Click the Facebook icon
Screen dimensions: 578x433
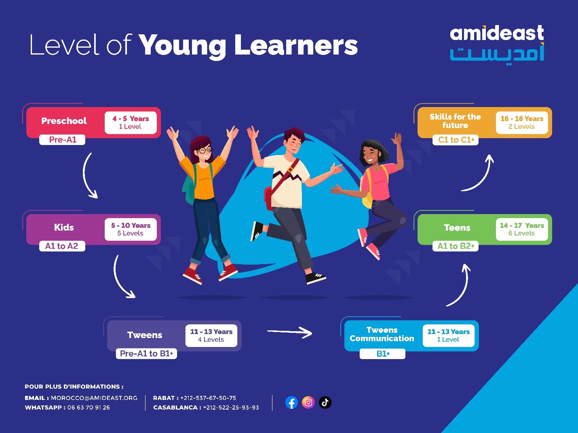pyautogui.click(x=291, y=402)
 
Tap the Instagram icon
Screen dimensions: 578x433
pyautogui.click(x=308, y=402)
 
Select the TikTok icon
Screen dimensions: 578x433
pyautogui.click(x=325, y=402)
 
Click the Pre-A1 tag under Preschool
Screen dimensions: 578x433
pyautogui.click(x=62, y=140)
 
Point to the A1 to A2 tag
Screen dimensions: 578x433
pyautogui.click(x=62, y=246)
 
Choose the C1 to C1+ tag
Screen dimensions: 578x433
pyautogui.click(x=456, y=140)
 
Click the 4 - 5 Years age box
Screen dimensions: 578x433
pyautogui.click(x=131, y=122)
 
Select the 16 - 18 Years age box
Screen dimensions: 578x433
pyautogui.click(x=522, y=122)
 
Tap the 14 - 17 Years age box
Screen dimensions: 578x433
pyautogui.click(x=522, y=229)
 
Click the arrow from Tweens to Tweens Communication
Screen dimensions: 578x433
pyautogui.click(x=290, y=332)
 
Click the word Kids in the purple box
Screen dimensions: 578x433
pyautogui.click(x=64, y=227)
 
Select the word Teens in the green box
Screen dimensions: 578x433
pyautogui.click(x=457, y=227)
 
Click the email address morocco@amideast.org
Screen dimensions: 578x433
pyautogui.click(x=94, y=398)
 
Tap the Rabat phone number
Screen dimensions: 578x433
pyautogui.click(x=208, y=398)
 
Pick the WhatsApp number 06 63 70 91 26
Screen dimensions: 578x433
pyautogui.click(x=89, y=408)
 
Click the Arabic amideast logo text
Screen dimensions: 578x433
pyautogui.click(x=497, y=54)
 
